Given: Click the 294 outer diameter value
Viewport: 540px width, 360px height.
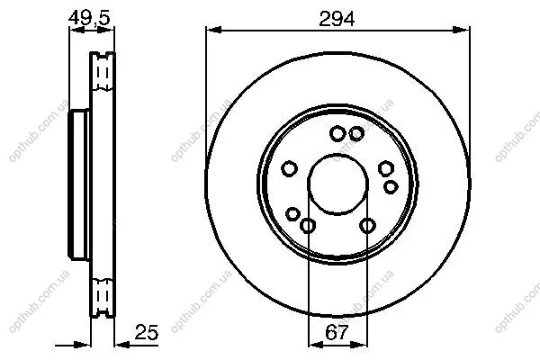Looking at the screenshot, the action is pyautogui.click(x=337, y=19).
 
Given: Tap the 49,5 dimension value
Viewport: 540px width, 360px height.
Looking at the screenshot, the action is pyautogui.click(x=89, y=18).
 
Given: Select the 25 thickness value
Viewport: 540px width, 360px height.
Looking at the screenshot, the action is pyautogui.click(x=147, y=332).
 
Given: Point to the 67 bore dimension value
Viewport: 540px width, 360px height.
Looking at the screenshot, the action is pyautogui.click(x=337, y=332).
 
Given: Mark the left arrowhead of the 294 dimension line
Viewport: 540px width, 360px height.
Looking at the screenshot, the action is pyautogui.click(x=213, y=31).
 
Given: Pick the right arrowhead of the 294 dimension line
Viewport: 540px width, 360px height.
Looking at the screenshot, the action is pyautogui.click(x=462, y=31).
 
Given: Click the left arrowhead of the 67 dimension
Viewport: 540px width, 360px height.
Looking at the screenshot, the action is pyautogui.click(x=316, y=344).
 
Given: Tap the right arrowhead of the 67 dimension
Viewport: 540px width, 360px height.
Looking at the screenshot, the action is pyautogui.click(x=359, y=344).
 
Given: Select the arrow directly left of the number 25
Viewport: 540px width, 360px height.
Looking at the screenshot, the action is pyautogui.click(x=121, y=344).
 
